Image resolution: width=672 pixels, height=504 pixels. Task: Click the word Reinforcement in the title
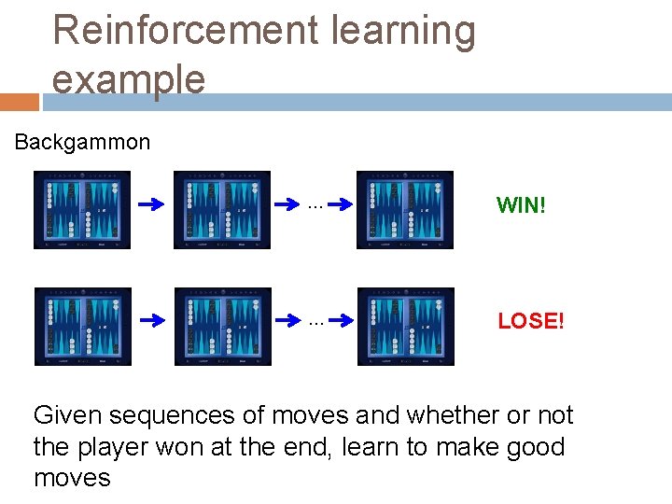pos(184,31)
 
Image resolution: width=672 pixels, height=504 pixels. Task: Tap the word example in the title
pos(129,80)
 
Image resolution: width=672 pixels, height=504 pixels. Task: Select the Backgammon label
pos(82,142)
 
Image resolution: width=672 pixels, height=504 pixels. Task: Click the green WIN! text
pos(521,205)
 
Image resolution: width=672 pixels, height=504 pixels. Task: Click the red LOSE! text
pos(530,322)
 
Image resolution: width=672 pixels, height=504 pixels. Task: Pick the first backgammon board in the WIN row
pos(82,210)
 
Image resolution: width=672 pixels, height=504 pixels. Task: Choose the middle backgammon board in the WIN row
pos(222,210)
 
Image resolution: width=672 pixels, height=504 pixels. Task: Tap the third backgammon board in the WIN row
pos(405,210)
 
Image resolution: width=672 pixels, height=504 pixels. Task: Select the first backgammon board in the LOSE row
pos(82,327)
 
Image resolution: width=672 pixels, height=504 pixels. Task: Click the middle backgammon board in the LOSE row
pos(222,327)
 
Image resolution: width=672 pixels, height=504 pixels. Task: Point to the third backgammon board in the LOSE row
pos(405,327)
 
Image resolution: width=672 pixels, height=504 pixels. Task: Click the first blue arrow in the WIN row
pos(152,204)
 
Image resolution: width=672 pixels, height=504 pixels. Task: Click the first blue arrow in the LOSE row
pos(152,321)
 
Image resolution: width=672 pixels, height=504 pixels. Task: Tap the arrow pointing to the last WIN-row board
pos(339,204)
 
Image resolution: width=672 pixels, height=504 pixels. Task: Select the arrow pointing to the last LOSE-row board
pos(339,321)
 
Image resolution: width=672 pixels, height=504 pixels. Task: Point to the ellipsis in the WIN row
pos(315,203)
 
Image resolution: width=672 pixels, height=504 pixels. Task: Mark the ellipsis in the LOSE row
pos(315,321)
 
